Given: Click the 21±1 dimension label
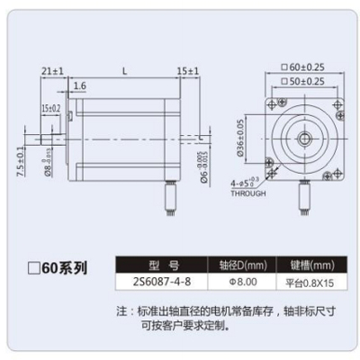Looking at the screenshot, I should point(52,69).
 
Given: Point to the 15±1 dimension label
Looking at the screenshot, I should point(187,69).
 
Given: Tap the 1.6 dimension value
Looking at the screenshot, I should point(79,85).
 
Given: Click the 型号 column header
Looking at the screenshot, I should point(162,265).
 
